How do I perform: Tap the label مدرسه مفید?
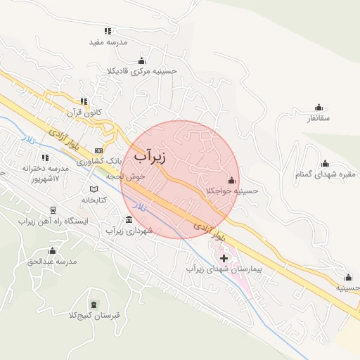pos(108,43)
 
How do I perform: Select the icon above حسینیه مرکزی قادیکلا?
pos(141,60)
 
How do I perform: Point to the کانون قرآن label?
pos(84,112)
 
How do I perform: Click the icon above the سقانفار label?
pos(319,108)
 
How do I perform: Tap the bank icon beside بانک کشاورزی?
pos(98,150)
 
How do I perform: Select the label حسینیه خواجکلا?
pos(232,191)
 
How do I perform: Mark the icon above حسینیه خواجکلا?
pos(231,180)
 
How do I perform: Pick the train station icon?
pos(53,210)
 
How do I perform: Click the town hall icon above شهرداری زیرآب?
pos(127,220)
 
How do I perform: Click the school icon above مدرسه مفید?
pos(108,31)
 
